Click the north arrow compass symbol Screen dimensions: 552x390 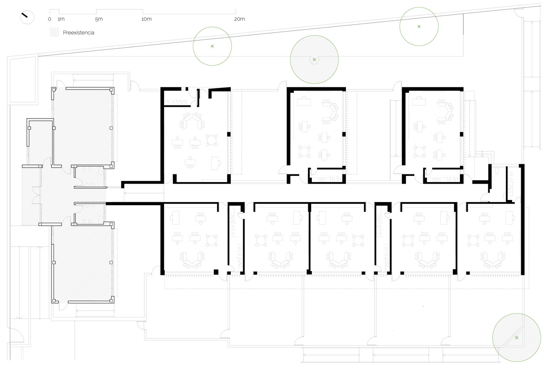click(x=27, y=17)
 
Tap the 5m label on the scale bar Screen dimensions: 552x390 click(x=99, y=19)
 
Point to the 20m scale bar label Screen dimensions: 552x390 click(x=240, y=19)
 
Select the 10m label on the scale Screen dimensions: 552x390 click(x=146, y=19)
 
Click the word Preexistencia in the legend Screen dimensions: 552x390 click(x=78, y=32)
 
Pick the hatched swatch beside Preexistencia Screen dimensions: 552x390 click(x=55, y=32)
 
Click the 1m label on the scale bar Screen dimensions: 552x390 click(x=61, y=19)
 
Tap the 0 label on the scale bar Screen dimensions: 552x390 click(x=50, y=19)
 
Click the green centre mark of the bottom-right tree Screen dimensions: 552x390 click(x=516, y=338)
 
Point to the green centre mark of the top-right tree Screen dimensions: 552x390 click(x=419, y=27)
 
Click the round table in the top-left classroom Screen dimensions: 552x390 click(x=212, y=140)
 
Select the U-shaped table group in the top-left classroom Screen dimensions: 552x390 click(x=192, y=121)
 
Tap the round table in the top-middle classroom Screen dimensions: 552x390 click(x=304, y=152)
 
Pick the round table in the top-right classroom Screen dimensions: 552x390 click(x=419, y=152)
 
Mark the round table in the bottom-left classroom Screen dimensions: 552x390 click(x=212, y=241)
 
